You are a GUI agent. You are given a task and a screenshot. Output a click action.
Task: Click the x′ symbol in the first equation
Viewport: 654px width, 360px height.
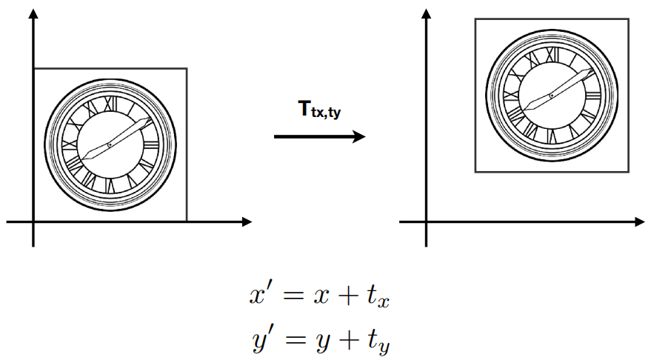coord(261,296)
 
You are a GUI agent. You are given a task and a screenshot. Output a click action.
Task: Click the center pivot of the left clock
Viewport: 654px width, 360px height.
coord(110,144)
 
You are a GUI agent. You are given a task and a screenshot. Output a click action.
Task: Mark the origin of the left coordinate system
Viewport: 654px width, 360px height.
coord(33,221)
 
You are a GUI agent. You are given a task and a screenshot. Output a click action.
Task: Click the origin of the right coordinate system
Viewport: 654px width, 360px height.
coord(426,221)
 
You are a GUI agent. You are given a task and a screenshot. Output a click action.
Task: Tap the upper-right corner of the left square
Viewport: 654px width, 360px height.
coord(186,69)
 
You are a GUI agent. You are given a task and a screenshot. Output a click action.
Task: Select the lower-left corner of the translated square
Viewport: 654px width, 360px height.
coord(475,172)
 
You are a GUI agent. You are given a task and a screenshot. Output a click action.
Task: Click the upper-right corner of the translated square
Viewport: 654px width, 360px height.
coord(628,19)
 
